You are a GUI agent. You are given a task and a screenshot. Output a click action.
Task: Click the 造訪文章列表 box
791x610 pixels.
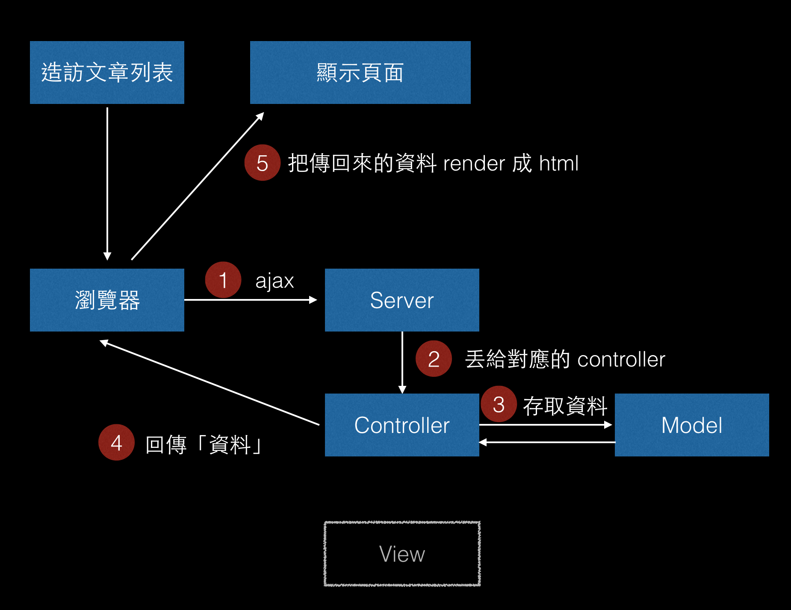(107, 72)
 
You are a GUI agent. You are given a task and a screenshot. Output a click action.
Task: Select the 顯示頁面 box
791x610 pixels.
(360, 72)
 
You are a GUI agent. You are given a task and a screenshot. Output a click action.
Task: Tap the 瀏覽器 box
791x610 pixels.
(107, 300)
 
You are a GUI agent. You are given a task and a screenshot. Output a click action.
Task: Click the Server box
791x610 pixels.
(402, 300)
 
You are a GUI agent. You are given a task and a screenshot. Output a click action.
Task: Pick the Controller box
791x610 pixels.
(402, 425)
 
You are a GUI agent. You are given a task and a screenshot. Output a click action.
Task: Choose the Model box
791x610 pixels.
(692, 425)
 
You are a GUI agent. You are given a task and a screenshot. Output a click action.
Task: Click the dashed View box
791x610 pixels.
(402, 554)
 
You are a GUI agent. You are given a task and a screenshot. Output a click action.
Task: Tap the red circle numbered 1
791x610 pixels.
(223, 280)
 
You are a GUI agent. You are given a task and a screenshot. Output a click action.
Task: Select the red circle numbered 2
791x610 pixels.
(434, 358)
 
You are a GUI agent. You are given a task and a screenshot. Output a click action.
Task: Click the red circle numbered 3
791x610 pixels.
(499, 404)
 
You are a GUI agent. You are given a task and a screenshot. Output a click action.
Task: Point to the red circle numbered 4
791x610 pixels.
(116, 442)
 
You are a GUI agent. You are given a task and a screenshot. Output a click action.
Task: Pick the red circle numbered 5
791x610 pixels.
(262, 163)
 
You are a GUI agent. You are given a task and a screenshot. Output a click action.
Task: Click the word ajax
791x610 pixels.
(274, 281)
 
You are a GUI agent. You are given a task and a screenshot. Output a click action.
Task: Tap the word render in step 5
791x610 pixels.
(474, 164)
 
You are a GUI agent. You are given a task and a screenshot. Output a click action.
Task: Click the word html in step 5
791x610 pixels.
(559, 163)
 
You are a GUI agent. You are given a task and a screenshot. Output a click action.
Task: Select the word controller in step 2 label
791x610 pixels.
(621, 359)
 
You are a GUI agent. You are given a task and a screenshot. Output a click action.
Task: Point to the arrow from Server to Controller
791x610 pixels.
(402, 363)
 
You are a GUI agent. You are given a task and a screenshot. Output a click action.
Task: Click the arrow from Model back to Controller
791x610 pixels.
(547, 442)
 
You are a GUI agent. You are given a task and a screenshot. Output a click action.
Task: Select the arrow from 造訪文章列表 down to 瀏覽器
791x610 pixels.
(107, 184)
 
